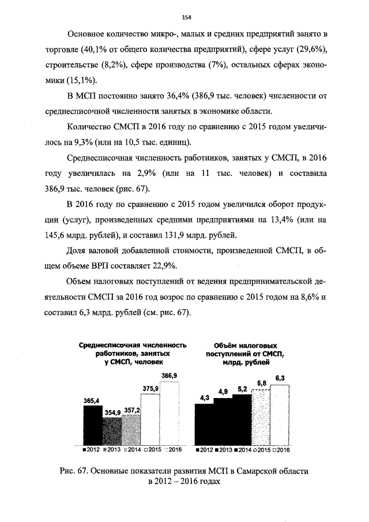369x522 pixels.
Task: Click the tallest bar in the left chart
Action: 169,413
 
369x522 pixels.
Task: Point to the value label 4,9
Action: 223,392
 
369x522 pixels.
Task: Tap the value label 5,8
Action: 261,383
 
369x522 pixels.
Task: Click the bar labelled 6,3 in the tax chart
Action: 280,415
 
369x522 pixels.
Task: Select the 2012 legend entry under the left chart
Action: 92,449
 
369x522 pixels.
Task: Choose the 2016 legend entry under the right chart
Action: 281,449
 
